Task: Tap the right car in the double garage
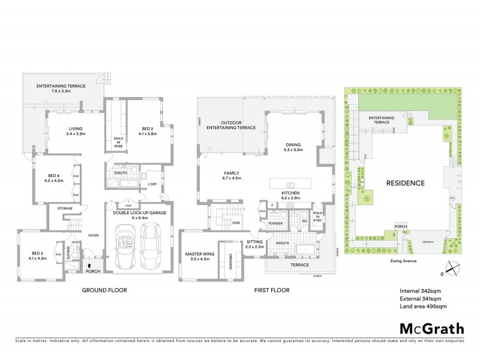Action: (149, 247)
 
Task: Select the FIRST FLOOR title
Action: (270, 290)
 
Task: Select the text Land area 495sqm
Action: (423, 307)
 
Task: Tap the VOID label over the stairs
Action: (236, 223)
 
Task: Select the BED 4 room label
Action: (53, 178)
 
